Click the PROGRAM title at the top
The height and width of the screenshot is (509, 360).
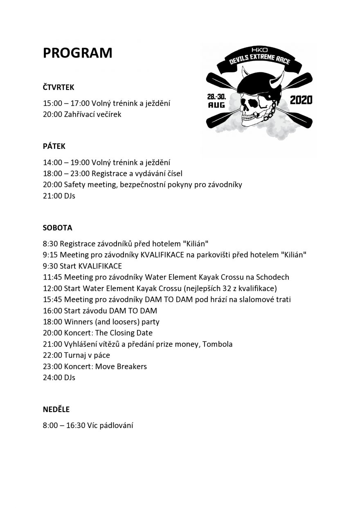click(77, 53)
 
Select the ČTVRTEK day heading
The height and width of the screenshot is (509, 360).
click(59, 87)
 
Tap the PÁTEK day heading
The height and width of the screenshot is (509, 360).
click(54, 146)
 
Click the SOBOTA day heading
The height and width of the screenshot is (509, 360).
click(57, 228)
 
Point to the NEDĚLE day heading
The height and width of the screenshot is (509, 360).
click(56, 409)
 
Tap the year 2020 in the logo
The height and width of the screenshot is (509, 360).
click(301, 100)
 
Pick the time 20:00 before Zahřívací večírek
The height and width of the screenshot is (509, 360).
click(52, 114)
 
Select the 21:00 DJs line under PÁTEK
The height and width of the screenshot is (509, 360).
click(59, 196)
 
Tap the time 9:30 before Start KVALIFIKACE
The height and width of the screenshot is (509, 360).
click(50, 266)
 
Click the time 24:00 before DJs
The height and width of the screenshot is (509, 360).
click(52, 377)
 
